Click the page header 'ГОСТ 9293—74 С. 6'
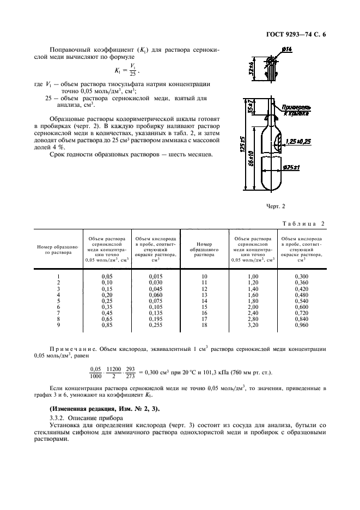[x=299, y=35]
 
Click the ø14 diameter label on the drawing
[x=287, y=50]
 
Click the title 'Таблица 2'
[x=304, y=224]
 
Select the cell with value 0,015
[x=156, y=276]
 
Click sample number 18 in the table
[x=205, y=325]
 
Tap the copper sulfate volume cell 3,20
[x=253, y=325]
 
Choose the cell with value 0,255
[x=156, y=325]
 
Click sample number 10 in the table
[x=205, y=276]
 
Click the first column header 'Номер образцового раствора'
[x=58, y=249]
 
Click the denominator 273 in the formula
[x=129, y=376]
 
